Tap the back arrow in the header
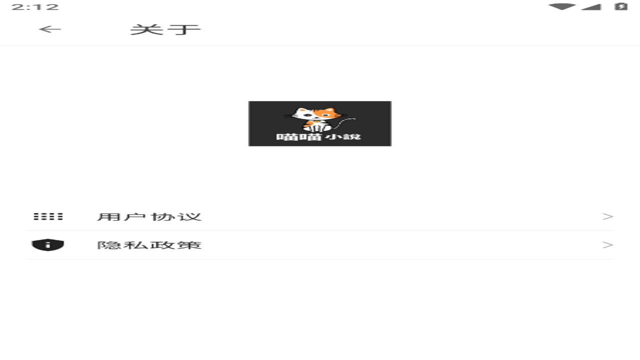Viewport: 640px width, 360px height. (x=50, y=29)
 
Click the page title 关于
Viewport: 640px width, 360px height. (x=165, y=29)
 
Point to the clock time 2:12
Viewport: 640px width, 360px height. (x=35, y=7)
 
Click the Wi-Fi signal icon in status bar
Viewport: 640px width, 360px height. (x=562, y=7)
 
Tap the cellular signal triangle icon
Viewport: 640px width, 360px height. (x=591, y=7)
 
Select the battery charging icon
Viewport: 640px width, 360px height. (x=621, y=6)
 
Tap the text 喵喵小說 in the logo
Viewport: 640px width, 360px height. (x=318, y=137)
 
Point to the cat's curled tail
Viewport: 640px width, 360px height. (x=345, y=123)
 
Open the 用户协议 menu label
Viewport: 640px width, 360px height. (x=149, y=217)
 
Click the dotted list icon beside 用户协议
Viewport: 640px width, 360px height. (x=48, y=216)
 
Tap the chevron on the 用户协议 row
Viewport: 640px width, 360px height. (x=607, y=216)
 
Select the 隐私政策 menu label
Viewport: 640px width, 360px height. (x=149, y=245)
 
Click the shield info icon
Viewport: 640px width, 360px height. (x=47, y=245)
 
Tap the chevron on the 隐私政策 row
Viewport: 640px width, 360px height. (x=607, y=245)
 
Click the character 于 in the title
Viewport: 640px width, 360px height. (x=184, y=29)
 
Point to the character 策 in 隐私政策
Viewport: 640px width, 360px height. (x=189, y=245)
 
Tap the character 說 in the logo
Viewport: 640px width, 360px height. (x=352, y=137)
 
